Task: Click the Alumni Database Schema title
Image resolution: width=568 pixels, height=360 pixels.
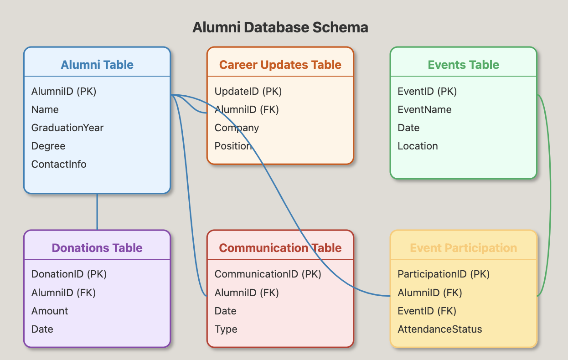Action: click(x=280, y=27)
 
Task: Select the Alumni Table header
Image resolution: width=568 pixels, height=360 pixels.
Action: click(x=97, y=65)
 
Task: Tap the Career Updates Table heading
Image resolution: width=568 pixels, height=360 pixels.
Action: click(x=280, y=65)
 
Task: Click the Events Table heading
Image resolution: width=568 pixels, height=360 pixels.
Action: click(x=463, y=65)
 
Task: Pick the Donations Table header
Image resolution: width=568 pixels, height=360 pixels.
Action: click(x=97, y=248)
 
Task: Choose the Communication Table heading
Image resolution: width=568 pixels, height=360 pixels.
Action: click(x=280, y=248)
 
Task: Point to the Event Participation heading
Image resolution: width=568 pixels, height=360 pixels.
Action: click(x=463, y=248)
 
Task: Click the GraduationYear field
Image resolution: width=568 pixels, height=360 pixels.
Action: click(x=67, y=128)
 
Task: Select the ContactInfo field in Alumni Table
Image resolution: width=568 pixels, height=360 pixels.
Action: click(x=59, y=165)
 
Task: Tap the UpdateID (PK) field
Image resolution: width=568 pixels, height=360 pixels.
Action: click(x=248, y=91)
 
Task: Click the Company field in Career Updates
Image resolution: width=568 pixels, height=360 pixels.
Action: click(x=237, y=128)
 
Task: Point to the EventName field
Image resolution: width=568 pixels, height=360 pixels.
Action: click(x=424, y=109)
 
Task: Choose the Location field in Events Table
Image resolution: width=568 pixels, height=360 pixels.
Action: click(x=418, y=146)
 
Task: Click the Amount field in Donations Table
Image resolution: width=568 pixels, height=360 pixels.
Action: click(x=50, y=311)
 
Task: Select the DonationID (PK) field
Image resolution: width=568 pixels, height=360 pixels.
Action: click(x=69, y=274)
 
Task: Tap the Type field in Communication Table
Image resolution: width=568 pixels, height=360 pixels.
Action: click(x=226, y=329)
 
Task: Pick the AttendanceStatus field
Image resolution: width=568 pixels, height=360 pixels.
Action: click(x=440, y=329)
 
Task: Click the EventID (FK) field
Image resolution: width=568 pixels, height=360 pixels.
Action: click(x=427, y=311)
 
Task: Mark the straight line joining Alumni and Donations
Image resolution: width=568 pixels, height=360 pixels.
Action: click(x=97, y=212)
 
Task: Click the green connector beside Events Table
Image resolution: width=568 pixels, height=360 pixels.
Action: click(x=551, y=195)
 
